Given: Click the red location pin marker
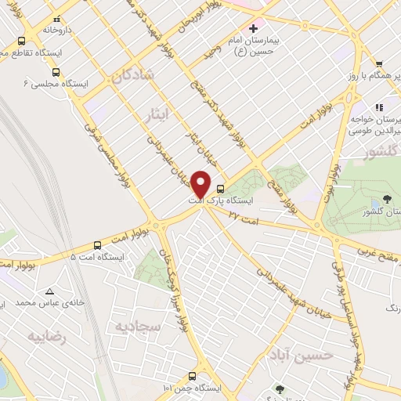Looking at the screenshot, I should point(201,185).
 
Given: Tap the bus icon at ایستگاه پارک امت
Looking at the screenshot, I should point(220,188).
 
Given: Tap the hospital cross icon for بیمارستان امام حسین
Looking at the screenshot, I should point(252,28).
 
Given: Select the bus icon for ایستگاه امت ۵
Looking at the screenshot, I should point(97,244).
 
